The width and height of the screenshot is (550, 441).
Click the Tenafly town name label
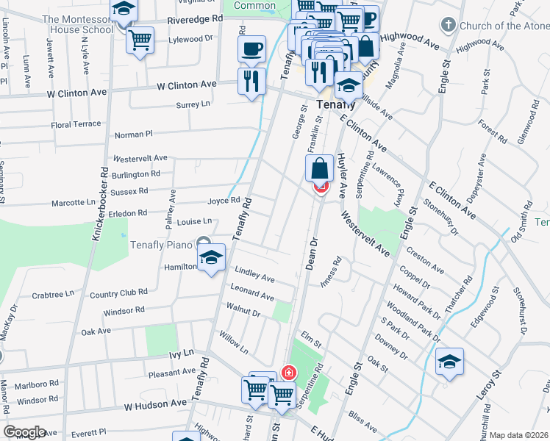(x=330, y=104)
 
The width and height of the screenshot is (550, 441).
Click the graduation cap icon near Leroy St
(x=449, y=362)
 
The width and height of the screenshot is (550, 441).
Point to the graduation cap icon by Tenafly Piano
(x=211, y=258)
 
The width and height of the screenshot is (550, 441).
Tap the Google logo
(x=25, y=432)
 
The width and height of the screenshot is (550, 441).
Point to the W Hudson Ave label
(x=155, y=405)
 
